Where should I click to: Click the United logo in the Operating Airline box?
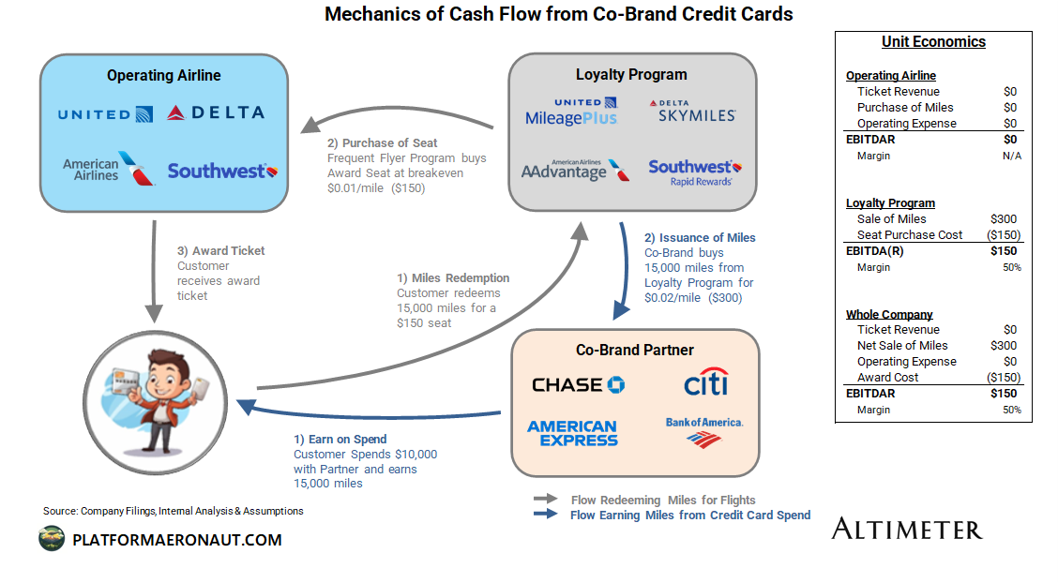click(x=105, y=114)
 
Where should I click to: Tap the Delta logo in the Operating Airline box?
click(x=216, y=113)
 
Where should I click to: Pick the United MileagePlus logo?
click(x=571, y=112)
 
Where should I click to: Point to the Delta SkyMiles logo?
click(x=691, y=111)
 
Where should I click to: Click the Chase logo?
click(x=578, y=384)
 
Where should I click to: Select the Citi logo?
click(x=705, y=382)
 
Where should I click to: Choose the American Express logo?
click(x=572, y=433)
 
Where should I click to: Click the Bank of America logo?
click(x=704, y=430)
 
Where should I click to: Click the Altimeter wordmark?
click(x=906, y=529)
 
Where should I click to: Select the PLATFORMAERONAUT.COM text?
click(x=176, y=540)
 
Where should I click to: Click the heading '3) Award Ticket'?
click(x=221, y=250)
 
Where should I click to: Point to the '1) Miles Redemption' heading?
click(x=453, y=277)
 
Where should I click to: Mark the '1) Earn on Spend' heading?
click(x=340, y=439)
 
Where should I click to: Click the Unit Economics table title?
click(x=933, y=41)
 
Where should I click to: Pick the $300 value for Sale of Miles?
click(x=1004, y=218)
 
